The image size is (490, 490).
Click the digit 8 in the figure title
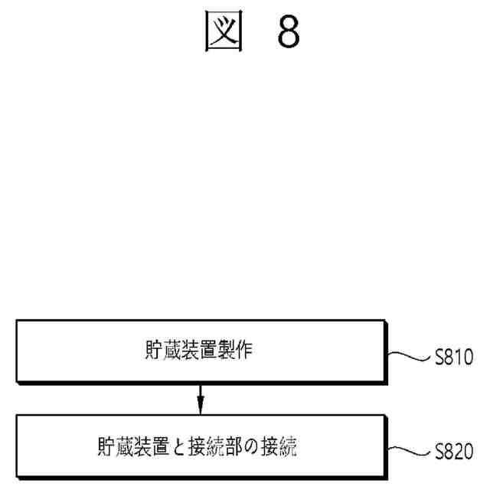(x=288, y=32)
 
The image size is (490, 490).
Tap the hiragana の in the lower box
(x=258, y=447)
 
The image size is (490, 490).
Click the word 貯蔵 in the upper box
(x=158, y=353)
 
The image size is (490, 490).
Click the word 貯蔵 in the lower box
(x=114, y=447)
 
